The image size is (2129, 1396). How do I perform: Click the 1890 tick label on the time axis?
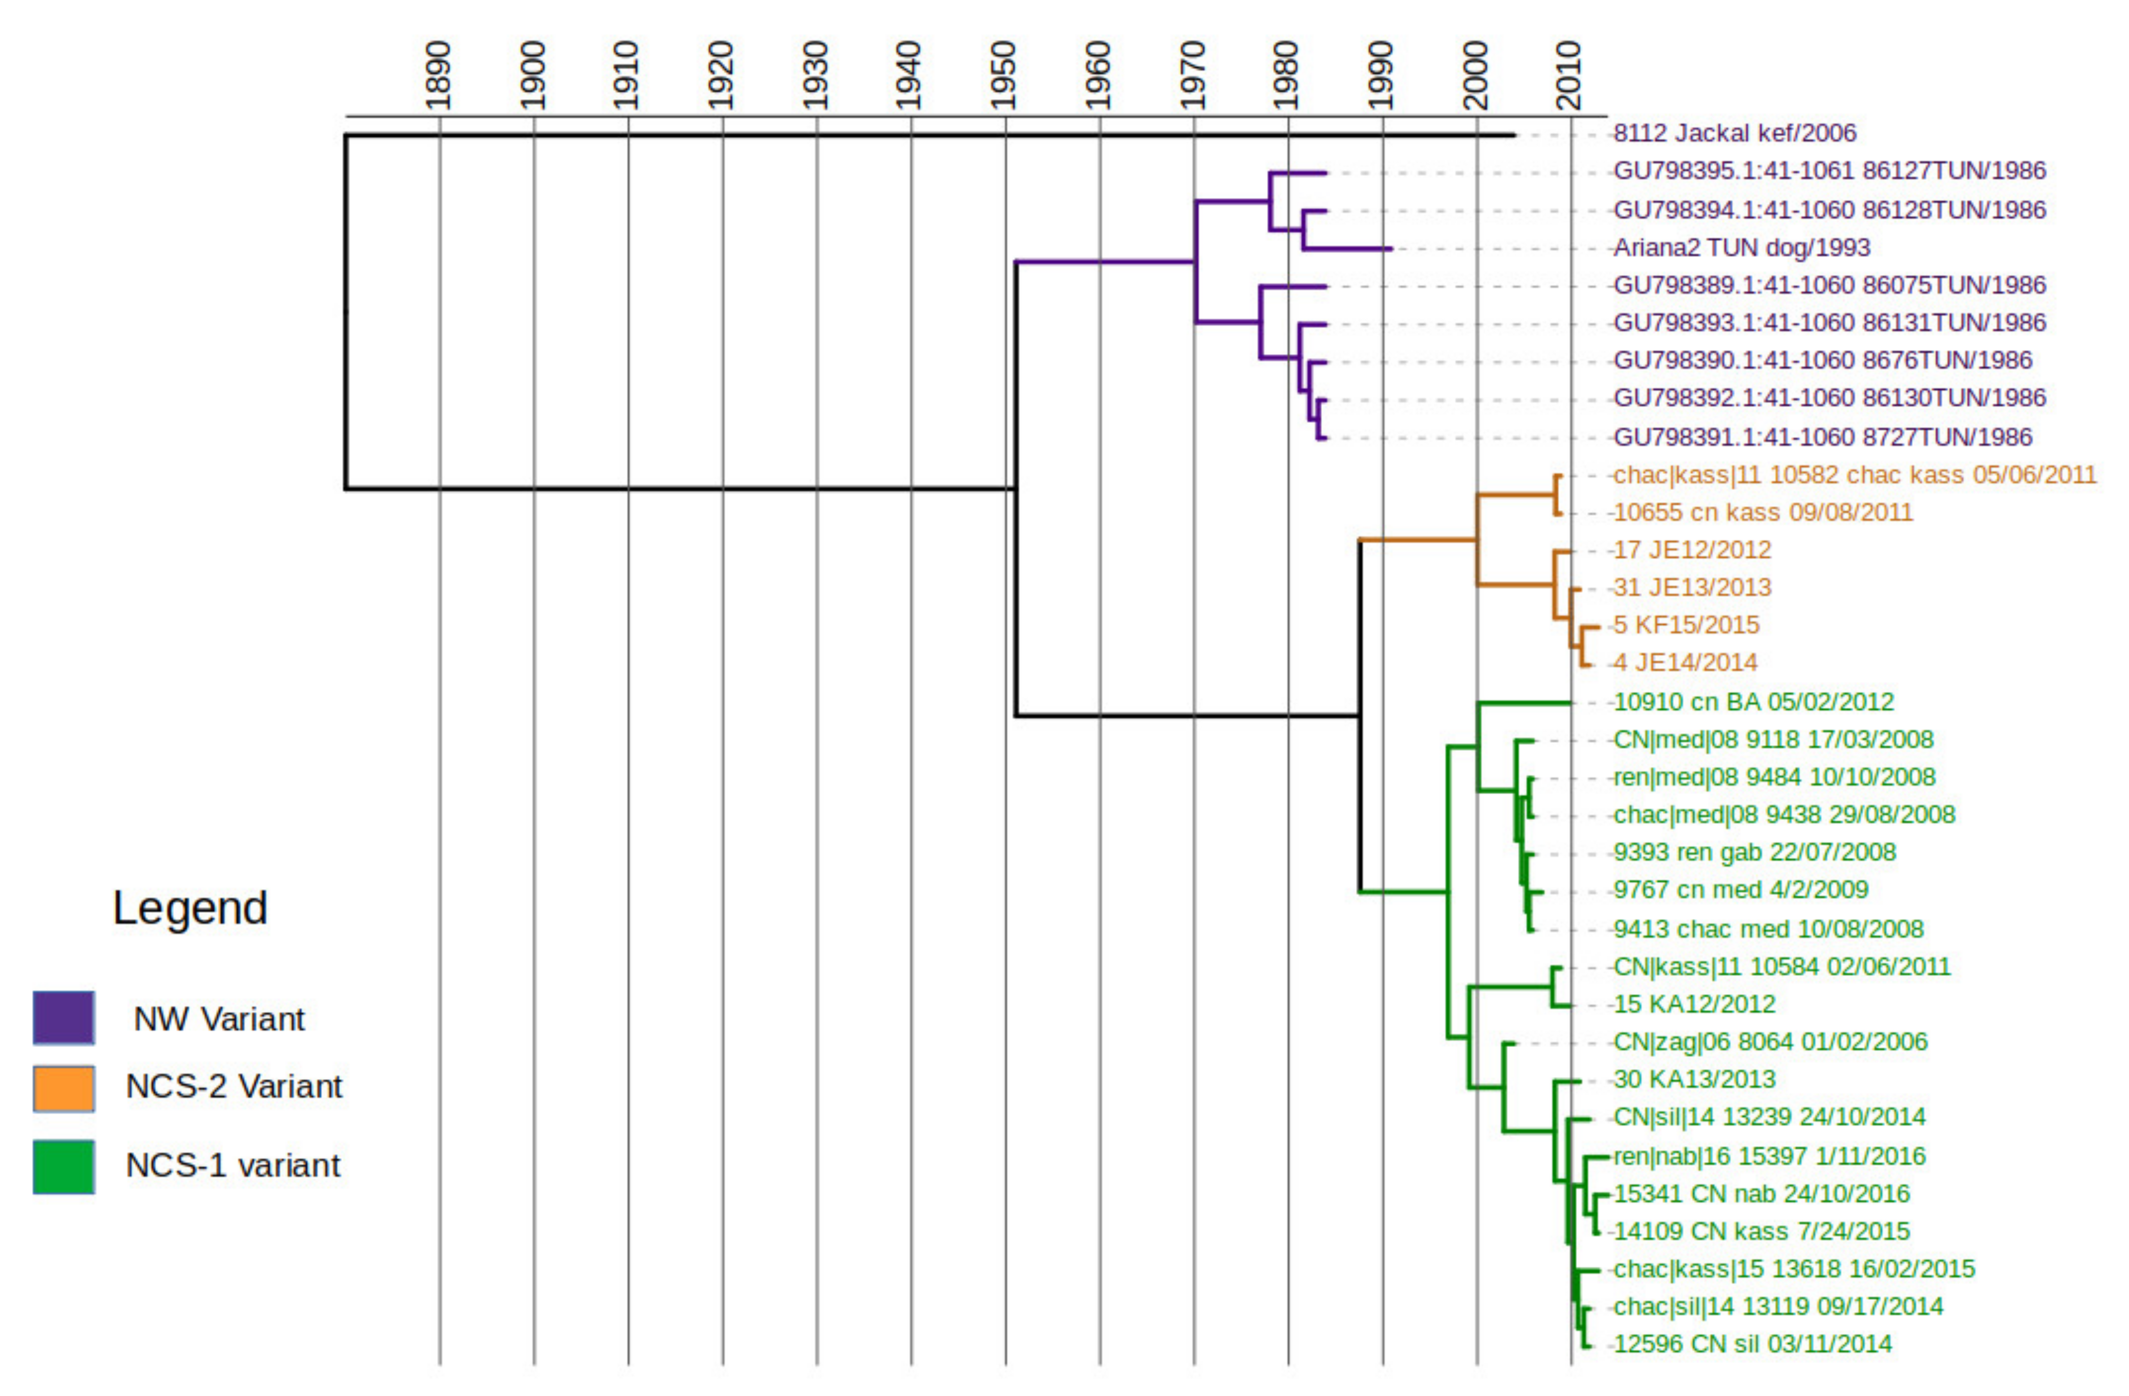(438, 76)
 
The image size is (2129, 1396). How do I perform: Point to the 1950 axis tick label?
(1003, 76)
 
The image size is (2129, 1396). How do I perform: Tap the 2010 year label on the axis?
(1569, 76)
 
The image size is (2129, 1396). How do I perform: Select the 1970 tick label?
(1192, 76)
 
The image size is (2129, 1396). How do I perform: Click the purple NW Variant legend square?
(64, 1017)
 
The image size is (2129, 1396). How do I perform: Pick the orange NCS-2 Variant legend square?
(64, 1088)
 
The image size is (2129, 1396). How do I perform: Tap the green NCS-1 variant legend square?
(64, 1166)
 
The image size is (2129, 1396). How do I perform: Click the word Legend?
(190, 908)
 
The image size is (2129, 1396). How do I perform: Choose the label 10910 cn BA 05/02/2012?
(1753, 702)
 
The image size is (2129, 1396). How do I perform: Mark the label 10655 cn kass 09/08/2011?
(1762, 512)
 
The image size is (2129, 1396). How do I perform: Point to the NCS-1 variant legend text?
(233, 1165)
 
